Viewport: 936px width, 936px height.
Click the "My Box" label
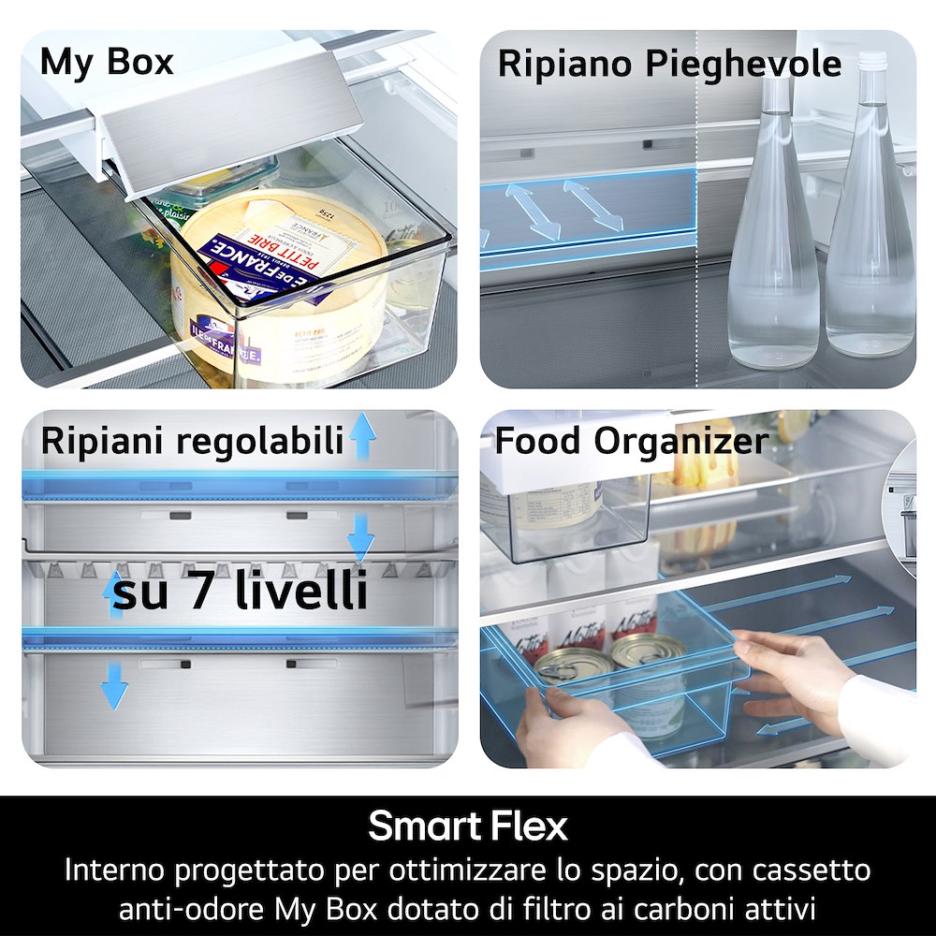107,62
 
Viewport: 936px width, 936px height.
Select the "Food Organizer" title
631,441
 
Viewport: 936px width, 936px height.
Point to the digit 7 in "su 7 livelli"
205,592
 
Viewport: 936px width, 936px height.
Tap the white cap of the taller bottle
872,61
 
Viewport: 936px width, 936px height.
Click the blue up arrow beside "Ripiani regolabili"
362,438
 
